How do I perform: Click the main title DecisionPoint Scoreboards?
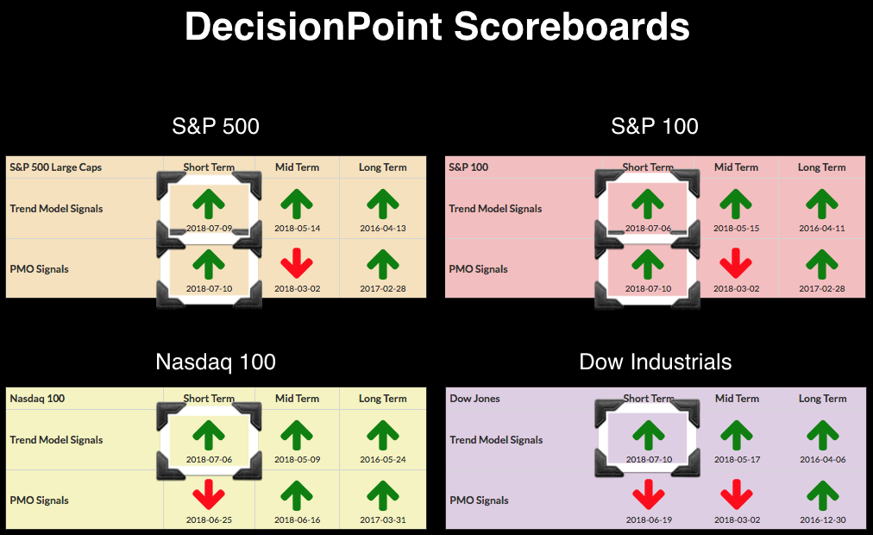437,26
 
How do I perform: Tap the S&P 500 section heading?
216,126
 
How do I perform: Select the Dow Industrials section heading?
656,362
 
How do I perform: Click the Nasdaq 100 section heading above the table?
216,362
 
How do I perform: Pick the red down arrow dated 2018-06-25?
209,494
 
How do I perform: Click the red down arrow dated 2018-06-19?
649,494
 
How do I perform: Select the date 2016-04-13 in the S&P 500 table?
383,229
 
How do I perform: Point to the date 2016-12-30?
823,520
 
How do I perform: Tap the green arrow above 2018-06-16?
297,495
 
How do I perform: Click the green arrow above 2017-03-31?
383,495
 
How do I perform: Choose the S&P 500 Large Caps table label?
56,167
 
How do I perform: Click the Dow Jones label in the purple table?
475,399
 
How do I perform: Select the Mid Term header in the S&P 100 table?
736,167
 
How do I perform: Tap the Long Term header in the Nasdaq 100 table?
383,399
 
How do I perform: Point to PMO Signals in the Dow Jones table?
480,500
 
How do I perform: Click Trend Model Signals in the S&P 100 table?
495,209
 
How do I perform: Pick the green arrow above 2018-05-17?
737,436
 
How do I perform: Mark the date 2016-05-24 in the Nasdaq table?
383,459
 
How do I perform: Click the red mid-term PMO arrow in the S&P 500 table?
297,263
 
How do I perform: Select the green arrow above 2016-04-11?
822,204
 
